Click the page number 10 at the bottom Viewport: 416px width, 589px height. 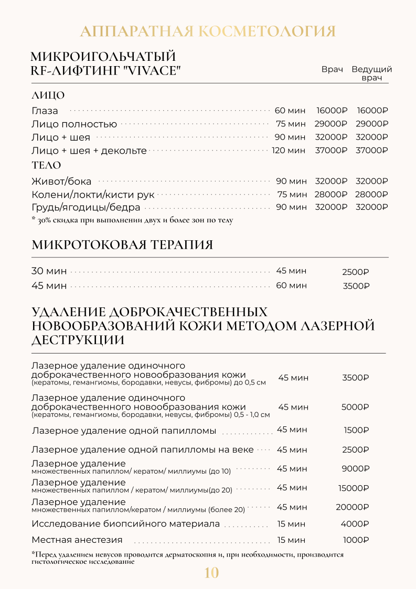[211, 573]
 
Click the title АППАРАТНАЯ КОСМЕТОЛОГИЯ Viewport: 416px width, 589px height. [208, 31]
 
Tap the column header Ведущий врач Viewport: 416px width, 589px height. [371, 73]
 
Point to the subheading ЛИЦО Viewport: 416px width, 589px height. [48, 95]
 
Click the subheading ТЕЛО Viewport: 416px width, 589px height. [46, 166]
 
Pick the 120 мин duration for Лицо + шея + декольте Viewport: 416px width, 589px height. [288, 151]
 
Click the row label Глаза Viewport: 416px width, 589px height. [45, 111]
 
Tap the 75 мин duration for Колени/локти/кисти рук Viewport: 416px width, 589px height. [291, 195]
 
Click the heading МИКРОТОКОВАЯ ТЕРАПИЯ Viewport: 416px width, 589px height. [122, 245]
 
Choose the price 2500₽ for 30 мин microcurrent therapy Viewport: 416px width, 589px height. [356, 272]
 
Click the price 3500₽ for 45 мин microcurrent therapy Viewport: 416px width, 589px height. [356, 286]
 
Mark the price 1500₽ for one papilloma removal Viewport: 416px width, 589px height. [356, 431]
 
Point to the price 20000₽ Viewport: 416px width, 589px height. [352, 507]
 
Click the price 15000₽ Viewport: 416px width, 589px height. [354, 488]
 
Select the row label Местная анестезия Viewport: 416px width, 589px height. [77, 540]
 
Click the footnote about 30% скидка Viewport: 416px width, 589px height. [132, 220]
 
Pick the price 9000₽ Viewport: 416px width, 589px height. [355, 469]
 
